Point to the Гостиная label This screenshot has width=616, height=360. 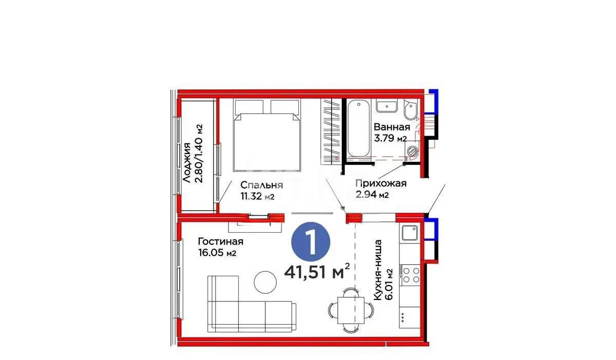[x=220, y=242]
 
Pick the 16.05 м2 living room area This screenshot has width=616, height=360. [x=217, y=253]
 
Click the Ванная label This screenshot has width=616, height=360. [x=392, y=127]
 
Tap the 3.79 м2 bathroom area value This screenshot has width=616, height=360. [x=390, y=138]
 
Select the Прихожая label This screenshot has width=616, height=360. [x=381, y=183]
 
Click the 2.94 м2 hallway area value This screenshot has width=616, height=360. [x=372, y=194]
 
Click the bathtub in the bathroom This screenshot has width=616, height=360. [x=357, y=130]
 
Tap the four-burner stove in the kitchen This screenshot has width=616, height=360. [x=411, y=275]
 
